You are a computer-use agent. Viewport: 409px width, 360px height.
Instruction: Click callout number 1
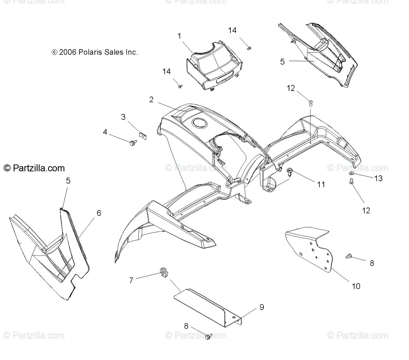point(179,36)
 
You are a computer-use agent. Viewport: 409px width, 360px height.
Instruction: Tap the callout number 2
point(151,99)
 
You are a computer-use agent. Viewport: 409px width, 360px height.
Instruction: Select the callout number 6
point(99,213)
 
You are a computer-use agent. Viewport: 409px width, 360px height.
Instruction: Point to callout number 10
point(356,286)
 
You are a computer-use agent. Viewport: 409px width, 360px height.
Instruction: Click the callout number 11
point(321,184)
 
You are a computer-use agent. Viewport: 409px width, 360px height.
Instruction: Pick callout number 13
point(378,178)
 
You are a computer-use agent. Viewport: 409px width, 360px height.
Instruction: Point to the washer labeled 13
point(351,174)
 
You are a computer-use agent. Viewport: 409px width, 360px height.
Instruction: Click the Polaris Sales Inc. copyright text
point(95,52)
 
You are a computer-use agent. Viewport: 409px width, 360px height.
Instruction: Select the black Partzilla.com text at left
point(34,168)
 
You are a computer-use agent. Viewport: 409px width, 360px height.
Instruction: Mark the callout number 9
point(261,307)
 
